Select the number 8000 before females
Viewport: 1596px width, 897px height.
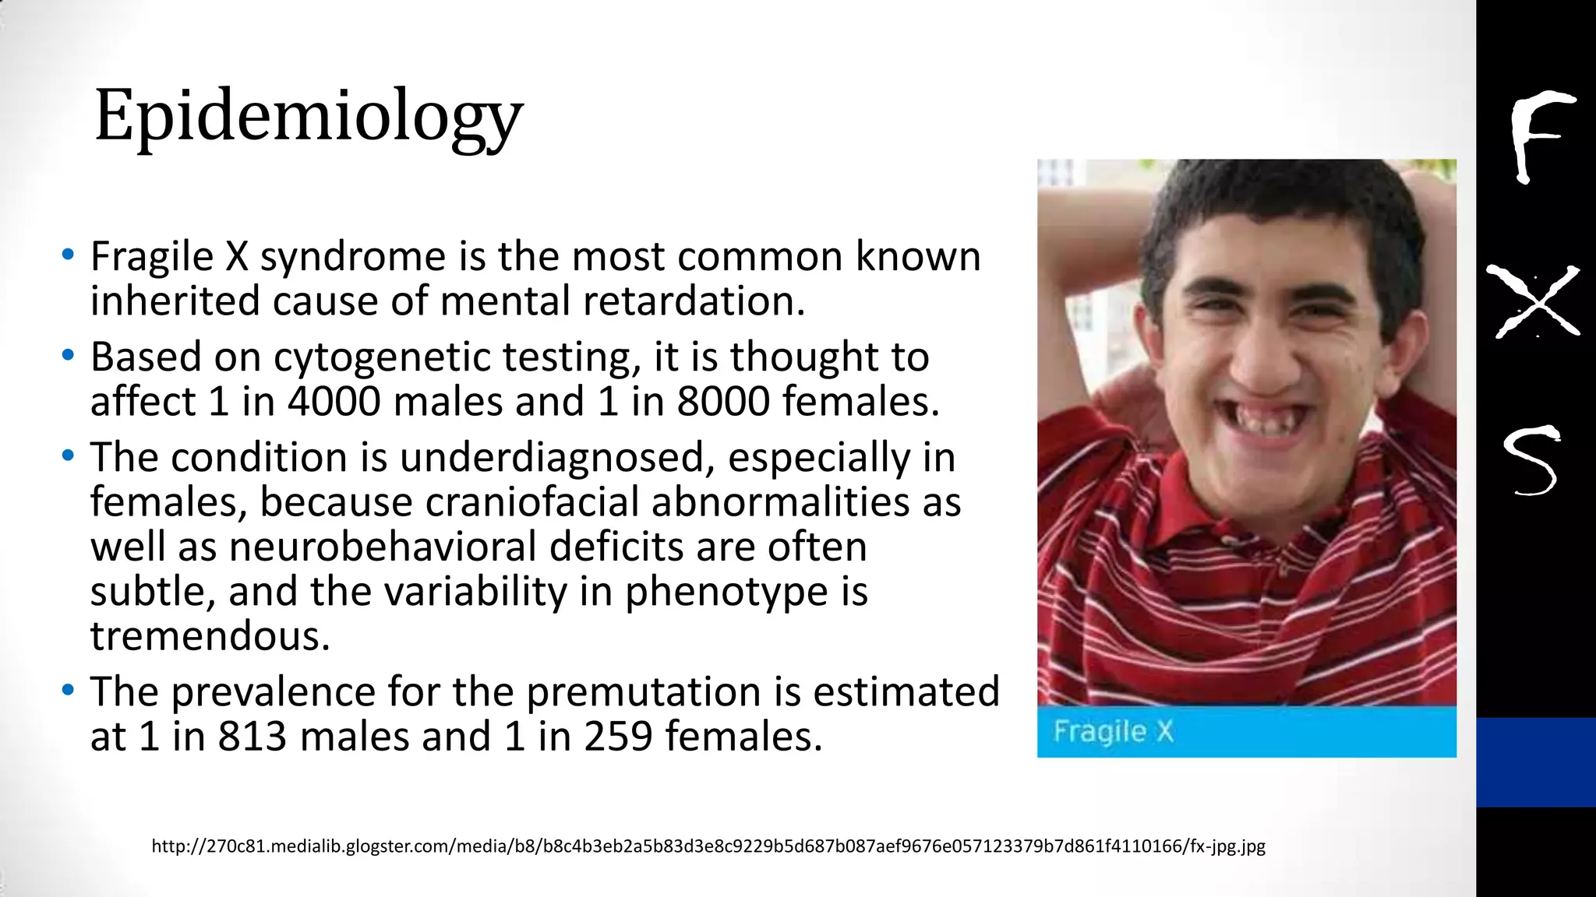coord(722,402)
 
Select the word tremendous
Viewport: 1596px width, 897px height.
coord(210,637)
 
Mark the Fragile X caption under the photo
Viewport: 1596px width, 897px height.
coord(1113,732)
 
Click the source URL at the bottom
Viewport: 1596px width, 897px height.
coord(708,846)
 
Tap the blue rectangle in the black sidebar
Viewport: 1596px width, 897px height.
coord(1535,762)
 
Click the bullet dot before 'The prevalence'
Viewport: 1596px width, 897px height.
coord(69,691)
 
